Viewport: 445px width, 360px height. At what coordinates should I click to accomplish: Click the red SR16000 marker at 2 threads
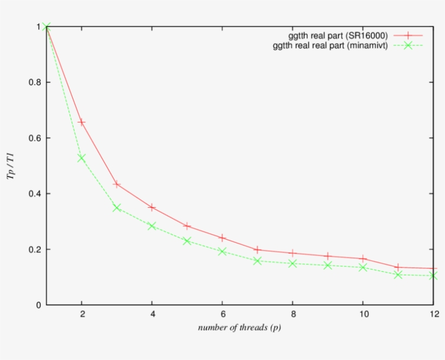click(81, 123)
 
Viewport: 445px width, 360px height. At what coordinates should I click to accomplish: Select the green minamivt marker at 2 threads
click(81, 158)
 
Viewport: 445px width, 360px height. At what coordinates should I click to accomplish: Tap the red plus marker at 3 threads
click(116, 184)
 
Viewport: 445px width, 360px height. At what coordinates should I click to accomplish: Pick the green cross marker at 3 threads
click(116, 208)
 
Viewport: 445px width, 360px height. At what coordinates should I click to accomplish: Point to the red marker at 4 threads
click(152, 207)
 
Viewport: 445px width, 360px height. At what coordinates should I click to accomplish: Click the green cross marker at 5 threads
click(187, 241)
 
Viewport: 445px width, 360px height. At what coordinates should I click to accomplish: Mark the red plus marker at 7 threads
click(257, 249)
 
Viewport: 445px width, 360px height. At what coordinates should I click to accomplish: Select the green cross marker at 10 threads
click(363, 267)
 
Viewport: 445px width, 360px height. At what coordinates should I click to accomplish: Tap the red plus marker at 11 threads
click(398, 267)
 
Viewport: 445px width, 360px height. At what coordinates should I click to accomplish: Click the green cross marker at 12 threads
click(433, 275)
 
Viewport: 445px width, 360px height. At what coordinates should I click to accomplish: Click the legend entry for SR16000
click(338, 36)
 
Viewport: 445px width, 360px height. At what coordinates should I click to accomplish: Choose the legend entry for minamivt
click(330, 46)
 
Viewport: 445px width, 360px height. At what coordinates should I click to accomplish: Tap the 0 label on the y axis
click(39, 305)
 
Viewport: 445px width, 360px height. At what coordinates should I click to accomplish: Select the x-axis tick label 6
click(222, 314)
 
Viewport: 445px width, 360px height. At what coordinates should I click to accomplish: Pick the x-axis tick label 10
click(363, 314)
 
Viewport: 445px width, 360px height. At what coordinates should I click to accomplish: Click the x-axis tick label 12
click(433, 314)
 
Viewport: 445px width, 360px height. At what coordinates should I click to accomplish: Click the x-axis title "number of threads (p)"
click(239, 327)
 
